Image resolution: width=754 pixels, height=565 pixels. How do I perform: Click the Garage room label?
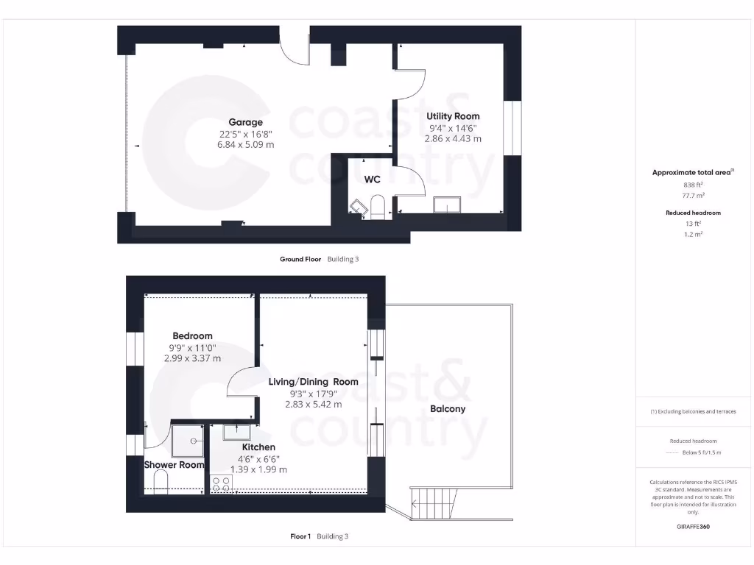coord(245,122)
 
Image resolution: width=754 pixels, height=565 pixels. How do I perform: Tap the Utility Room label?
coord(453,116)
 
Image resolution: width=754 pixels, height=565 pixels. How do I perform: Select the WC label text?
coord(372,179)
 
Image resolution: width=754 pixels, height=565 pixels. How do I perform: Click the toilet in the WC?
coord(378,207)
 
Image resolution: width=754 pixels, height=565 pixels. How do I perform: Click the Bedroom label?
coord(192,336)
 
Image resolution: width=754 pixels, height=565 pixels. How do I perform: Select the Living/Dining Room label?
coord(313,382)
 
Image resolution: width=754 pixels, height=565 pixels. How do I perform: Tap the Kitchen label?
coord(258,447)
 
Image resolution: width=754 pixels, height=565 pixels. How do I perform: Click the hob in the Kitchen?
coord(222,483)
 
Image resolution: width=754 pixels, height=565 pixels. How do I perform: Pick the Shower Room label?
coord(174,465)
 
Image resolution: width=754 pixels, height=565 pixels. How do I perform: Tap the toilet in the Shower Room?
coord(161,482)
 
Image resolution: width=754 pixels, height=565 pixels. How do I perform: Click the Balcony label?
coord(448,409)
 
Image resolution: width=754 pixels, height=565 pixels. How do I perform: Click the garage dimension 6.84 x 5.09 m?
coord(245,145)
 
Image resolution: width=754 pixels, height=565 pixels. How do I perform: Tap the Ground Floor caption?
coord(300,259)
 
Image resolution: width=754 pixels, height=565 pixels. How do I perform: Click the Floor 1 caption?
coord(302,536)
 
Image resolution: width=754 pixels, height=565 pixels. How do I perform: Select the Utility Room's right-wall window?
coord(512,129)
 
